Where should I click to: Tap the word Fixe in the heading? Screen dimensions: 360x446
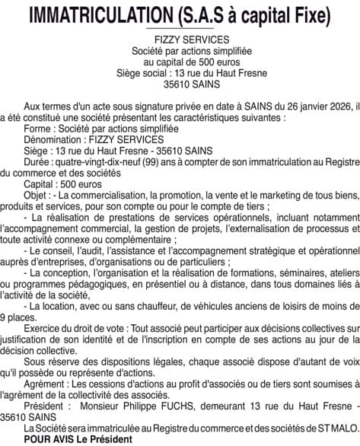tap(309, 14)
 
